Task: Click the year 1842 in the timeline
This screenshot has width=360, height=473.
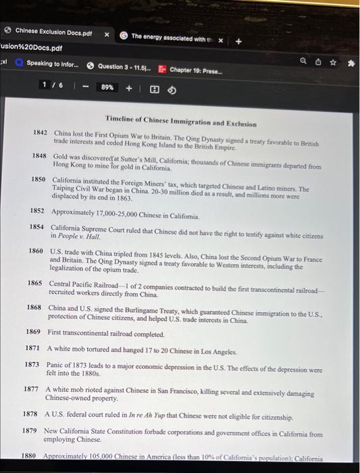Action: coord(40,132)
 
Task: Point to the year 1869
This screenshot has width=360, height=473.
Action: coord(33,332)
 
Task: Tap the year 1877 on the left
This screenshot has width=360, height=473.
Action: coord(31,389)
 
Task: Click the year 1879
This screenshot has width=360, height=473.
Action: coord(30,430)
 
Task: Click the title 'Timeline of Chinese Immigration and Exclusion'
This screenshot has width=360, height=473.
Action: coord(180,124)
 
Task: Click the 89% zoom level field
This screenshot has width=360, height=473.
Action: coord(107,87)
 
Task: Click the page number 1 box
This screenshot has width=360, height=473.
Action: coord(45,86)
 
